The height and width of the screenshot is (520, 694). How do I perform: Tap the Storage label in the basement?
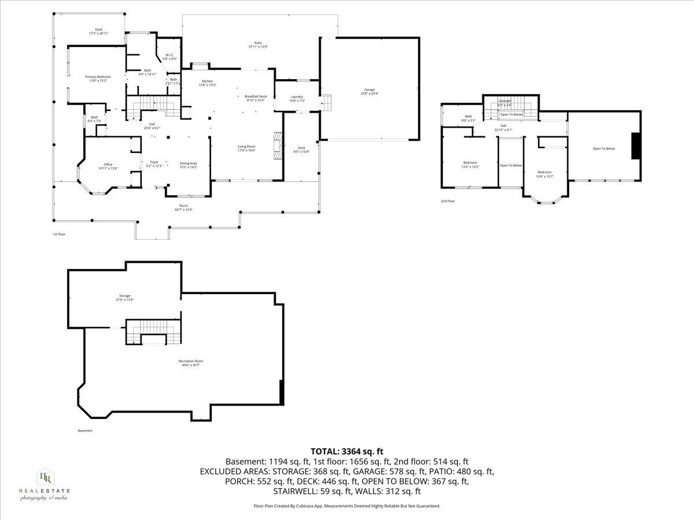tap(125, 298)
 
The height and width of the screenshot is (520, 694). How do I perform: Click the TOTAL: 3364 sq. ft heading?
tap(347, 451)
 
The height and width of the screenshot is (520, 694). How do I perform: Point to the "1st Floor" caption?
tap(58, 234)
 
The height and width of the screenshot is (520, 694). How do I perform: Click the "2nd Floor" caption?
tap(448, 201)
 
